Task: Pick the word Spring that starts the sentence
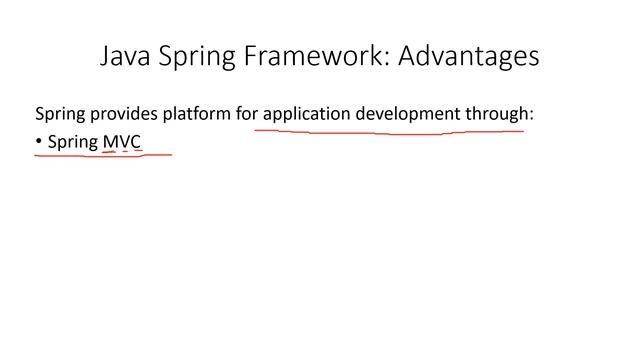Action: pos(58,114)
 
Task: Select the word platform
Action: pos(197,114)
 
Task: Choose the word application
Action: pos(305,114)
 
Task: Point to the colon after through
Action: pos(532,116)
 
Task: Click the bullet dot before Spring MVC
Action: pos(39,142)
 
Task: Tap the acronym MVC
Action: pos(122,142)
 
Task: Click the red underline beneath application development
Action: pos(390,131)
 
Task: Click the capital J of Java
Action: pos(107,55)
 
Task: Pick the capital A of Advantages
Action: pos(410,55)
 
